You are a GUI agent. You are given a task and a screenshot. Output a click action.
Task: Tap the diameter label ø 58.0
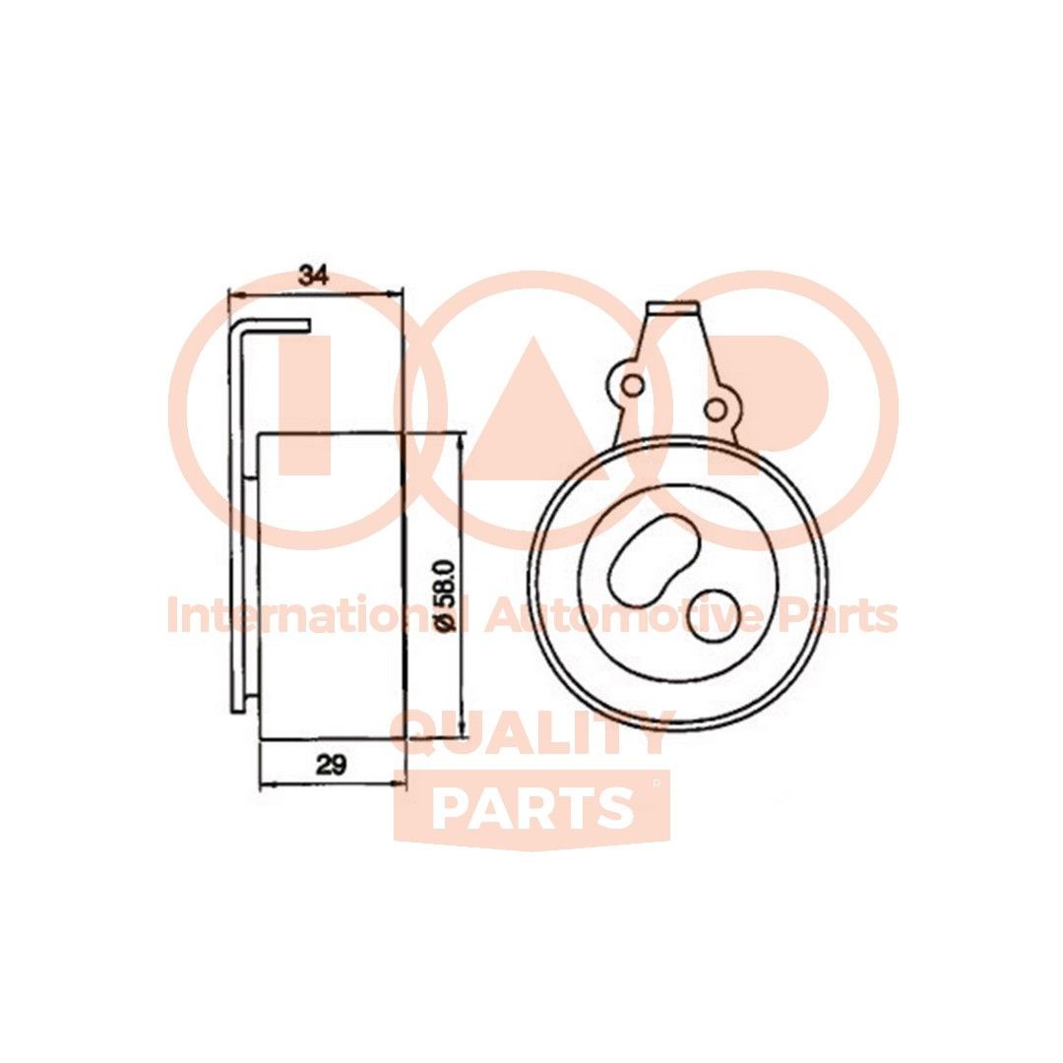[x=442, y=595]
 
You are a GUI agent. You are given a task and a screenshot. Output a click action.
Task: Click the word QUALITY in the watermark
[x=531, y=733]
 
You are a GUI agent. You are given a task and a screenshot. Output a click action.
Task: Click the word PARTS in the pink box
[x=531, y=808]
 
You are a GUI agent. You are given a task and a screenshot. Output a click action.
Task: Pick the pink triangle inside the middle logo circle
[x=531, y=394]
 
